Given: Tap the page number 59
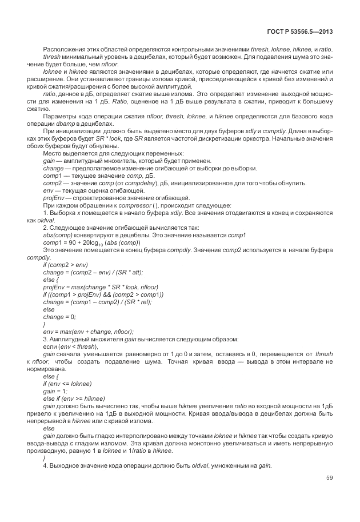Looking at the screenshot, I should point(330,477).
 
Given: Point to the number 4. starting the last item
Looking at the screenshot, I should point(46,465).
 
